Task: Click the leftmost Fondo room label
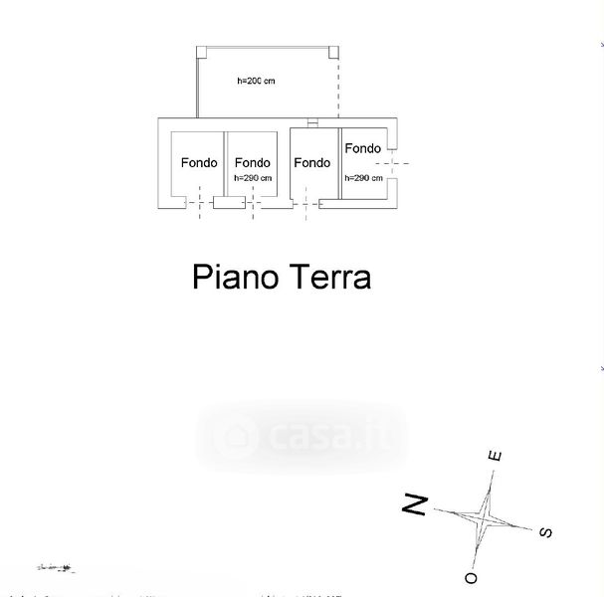(x=199, y=163)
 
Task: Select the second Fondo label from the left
(x=253, y=163)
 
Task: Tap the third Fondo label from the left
(x=312, y=163)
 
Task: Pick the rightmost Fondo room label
(x=362, y=149)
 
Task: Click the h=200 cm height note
(x=257, y=82)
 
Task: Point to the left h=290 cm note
(x=253, y=178)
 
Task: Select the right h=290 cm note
(x=363, y=177)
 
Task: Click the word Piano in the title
(x=235, y=277)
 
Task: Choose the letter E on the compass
(x=495, y=457)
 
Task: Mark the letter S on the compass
(x=545, y=532)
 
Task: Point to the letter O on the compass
(x=471, y=577)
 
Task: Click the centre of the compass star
(x=484, y=516)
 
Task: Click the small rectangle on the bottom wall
(x=230, y=203)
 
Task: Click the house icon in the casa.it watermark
(x=239, y=436)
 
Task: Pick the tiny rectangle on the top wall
(x=312, y=123)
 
